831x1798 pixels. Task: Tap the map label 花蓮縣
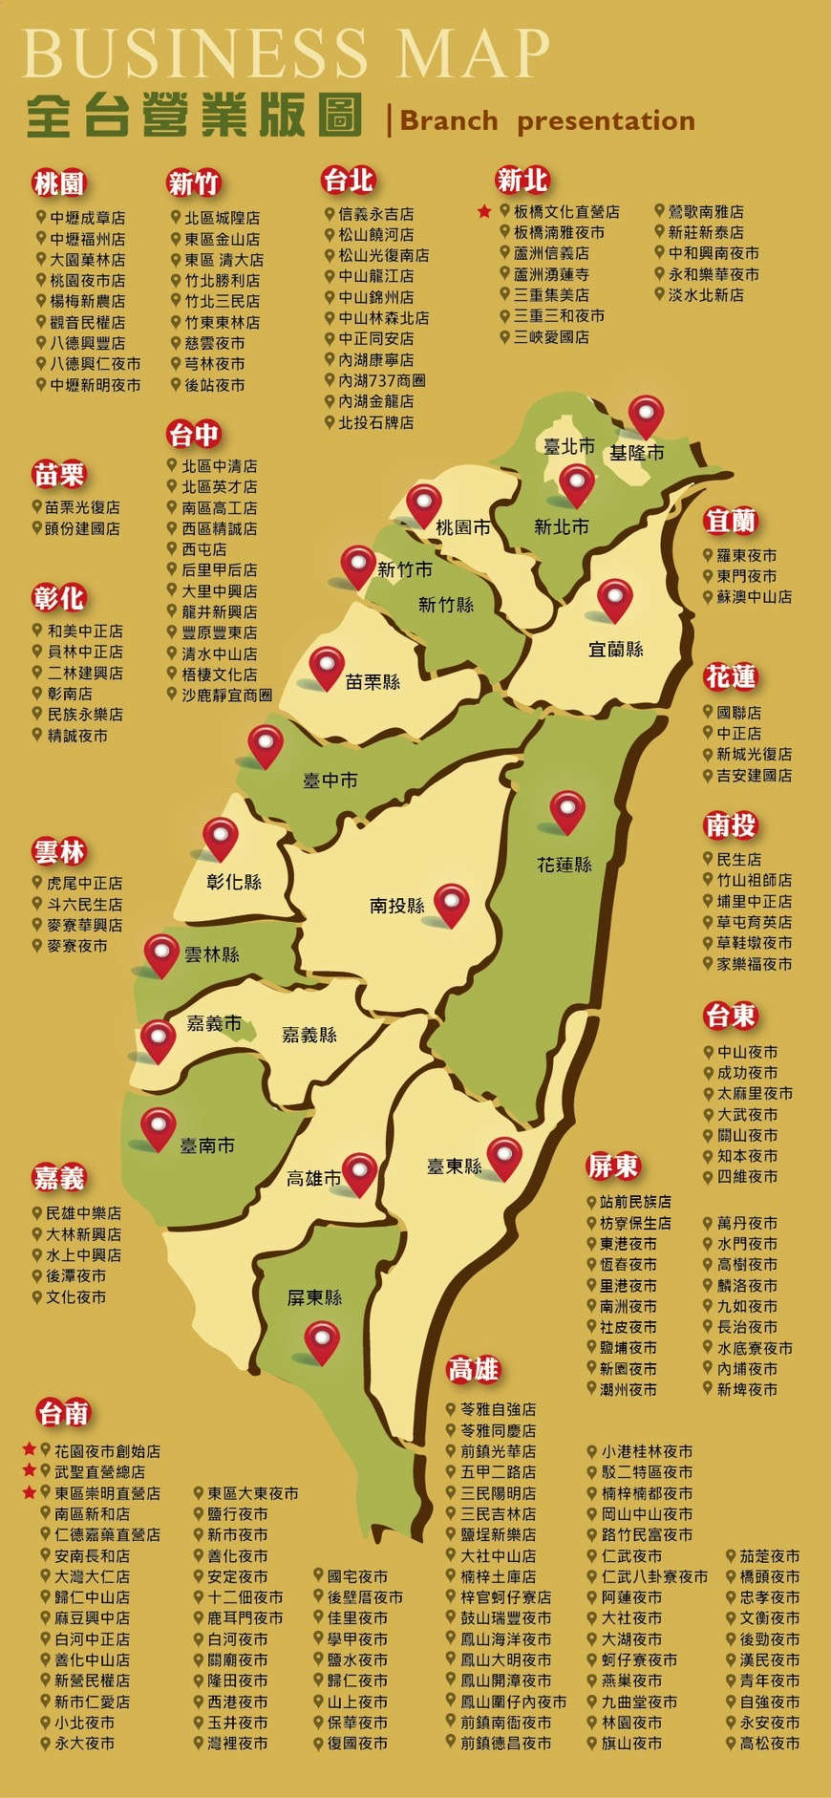(564, 865)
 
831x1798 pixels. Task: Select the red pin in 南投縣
(451, 902)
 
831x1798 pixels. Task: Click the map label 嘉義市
(214, 1023)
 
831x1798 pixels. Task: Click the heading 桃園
(59, 182)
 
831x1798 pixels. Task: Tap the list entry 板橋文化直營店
(565, 211)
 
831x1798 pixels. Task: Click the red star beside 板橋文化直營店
(484, 211)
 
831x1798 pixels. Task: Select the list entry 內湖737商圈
(381, 380)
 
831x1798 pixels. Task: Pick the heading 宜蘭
(731, 521)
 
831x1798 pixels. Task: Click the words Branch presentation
(546, 121)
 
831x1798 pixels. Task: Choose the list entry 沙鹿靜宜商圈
(226, 695)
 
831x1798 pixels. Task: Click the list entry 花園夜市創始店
(106, 1450)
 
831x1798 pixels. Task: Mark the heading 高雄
(474, 1369)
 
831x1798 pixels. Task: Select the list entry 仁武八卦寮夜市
(654, 1576)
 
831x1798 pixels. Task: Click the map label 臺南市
(207, 1145)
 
